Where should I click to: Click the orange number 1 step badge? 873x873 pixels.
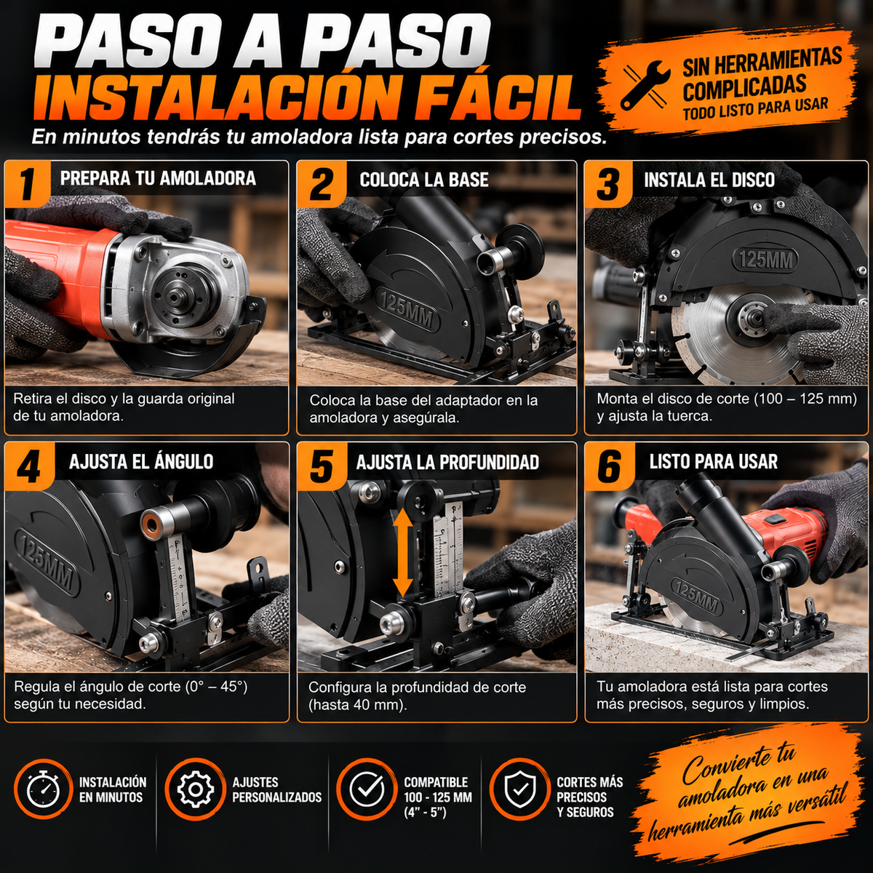pos(27,183)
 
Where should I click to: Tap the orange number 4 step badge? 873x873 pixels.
pos(30,466)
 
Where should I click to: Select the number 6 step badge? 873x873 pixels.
pos(609,466)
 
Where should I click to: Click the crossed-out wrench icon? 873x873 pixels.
pos(646,84)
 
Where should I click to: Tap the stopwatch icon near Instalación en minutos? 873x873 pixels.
pos(44,789)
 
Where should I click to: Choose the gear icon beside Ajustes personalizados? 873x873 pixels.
pos(195,789)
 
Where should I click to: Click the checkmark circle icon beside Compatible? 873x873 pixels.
pos(367,789)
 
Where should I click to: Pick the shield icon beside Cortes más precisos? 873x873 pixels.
pos(519,789)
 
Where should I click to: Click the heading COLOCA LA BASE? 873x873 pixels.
pos(424,180)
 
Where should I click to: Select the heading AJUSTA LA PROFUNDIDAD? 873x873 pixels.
pos(447,463)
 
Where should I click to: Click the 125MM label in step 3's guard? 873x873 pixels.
pos(765,260)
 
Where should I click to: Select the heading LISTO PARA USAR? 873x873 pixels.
pos(714,462)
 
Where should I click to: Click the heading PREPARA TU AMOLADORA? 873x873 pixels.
pos(158,178)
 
